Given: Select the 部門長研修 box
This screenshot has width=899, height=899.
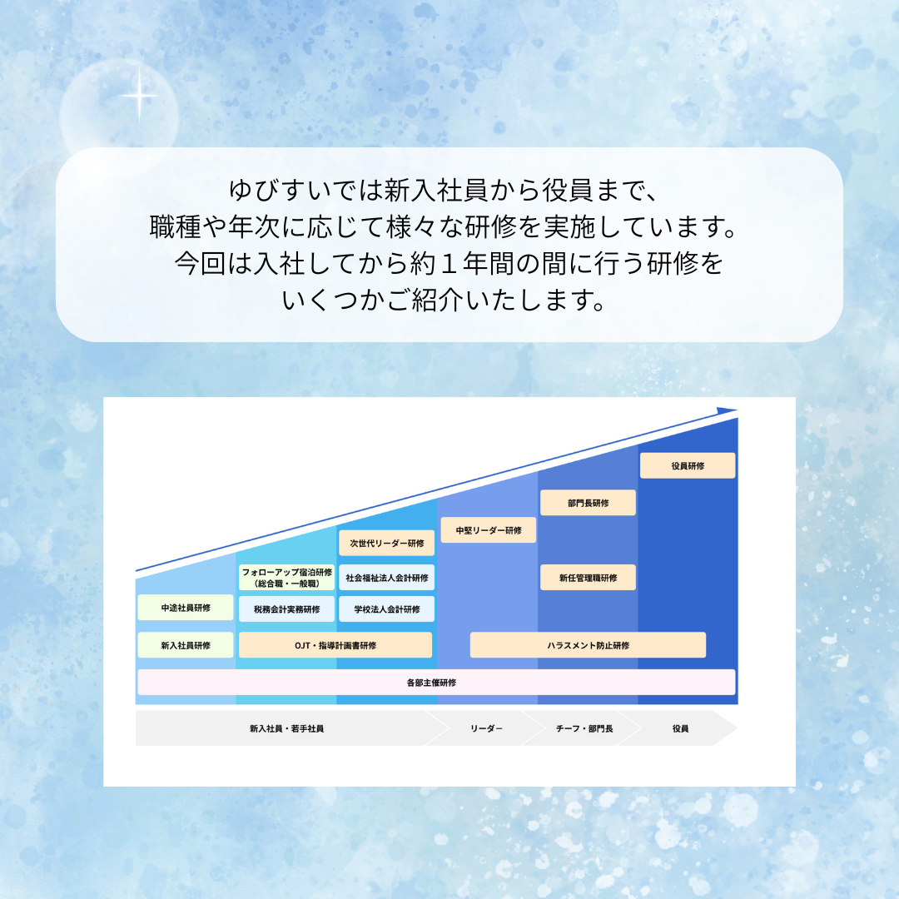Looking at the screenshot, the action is (x=588, y=503).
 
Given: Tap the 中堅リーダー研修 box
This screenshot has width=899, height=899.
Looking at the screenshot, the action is (x=489, y=530).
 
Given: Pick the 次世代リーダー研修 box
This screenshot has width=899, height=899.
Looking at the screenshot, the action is (x=386, y=543).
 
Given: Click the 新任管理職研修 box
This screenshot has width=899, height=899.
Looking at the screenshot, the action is (x=588, y=578).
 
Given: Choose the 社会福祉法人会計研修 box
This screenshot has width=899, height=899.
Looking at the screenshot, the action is (x=386, y=578).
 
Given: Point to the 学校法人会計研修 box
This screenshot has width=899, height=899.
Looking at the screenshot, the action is (x=386, y=609).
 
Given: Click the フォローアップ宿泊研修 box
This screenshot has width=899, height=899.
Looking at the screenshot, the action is (x=286, y=578).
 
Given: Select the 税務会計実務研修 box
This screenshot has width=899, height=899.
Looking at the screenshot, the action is (x=286, y=609).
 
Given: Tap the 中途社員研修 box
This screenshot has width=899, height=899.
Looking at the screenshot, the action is (x=185, y=608).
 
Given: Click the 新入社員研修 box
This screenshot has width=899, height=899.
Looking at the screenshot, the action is (x=185, y=645).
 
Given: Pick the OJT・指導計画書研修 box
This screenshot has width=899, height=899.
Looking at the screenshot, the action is (x=335, y=645).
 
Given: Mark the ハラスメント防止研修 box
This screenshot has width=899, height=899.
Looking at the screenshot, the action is (x=588, y=645).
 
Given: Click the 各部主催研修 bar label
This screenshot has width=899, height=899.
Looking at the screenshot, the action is (x=431, y=683).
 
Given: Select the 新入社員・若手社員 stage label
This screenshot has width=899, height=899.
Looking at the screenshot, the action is (x=286, y=728).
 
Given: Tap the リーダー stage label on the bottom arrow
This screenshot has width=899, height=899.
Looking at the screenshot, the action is (x=486, y=728).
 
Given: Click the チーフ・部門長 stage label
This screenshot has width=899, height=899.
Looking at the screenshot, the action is (x=584, y=728).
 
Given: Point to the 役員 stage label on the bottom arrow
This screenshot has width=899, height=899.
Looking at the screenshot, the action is (x=681, y=728).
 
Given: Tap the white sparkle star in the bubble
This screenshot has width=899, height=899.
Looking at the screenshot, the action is (x=139, y=96).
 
